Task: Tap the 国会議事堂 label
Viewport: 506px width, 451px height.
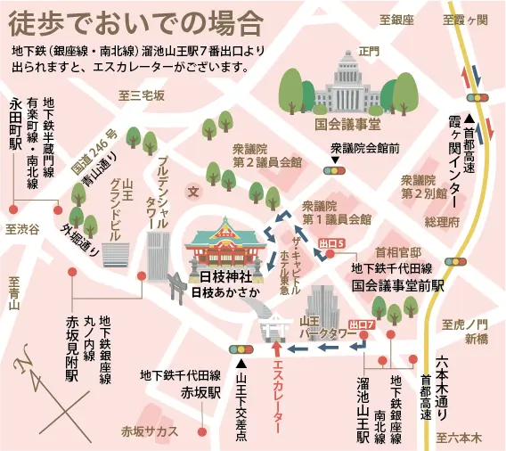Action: click(x=348, y=124)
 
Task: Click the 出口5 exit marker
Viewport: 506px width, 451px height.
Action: click(x=331, y=242)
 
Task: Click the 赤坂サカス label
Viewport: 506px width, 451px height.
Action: click(x=150, y=431)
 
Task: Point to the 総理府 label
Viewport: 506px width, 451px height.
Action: click(x=440, y=221)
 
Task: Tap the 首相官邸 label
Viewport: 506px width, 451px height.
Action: click(x=396, y=250)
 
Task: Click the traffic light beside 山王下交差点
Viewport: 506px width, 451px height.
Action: click(x=241, y=348)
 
